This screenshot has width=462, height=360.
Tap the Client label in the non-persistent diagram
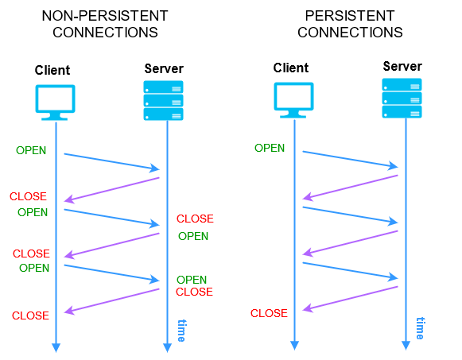tap(52, 69)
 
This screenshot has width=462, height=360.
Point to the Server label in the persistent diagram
tap(402, 66)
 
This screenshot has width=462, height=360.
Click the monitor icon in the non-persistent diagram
tap(55, 103)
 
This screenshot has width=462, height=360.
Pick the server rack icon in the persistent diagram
tap(402, 98)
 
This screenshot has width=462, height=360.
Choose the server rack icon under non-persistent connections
tap(164, 100)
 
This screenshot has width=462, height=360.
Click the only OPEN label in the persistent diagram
tap(270, 148)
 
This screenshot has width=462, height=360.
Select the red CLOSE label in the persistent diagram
tap(269, 313)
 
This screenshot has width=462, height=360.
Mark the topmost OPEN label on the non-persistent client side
tap(31, 150)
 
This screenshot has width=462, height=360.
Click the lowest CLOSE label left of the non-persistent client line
tap(30, 315)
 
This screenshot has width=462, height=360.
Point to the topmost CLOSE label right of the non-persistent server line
tap(195, 219)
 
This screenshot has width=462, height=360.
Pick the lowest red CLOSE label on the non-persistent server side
tap(194, 292)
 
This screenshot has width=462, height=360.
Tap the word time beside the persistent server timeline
tap(421, 328)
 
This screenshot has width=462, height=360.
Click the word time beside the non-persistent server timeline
tap(181, 330)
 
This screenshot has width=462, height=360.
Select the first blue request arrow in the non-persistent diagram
tap(111, 161)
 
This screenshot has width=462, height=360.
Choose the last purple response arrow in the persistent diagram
tap(351, 299)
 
